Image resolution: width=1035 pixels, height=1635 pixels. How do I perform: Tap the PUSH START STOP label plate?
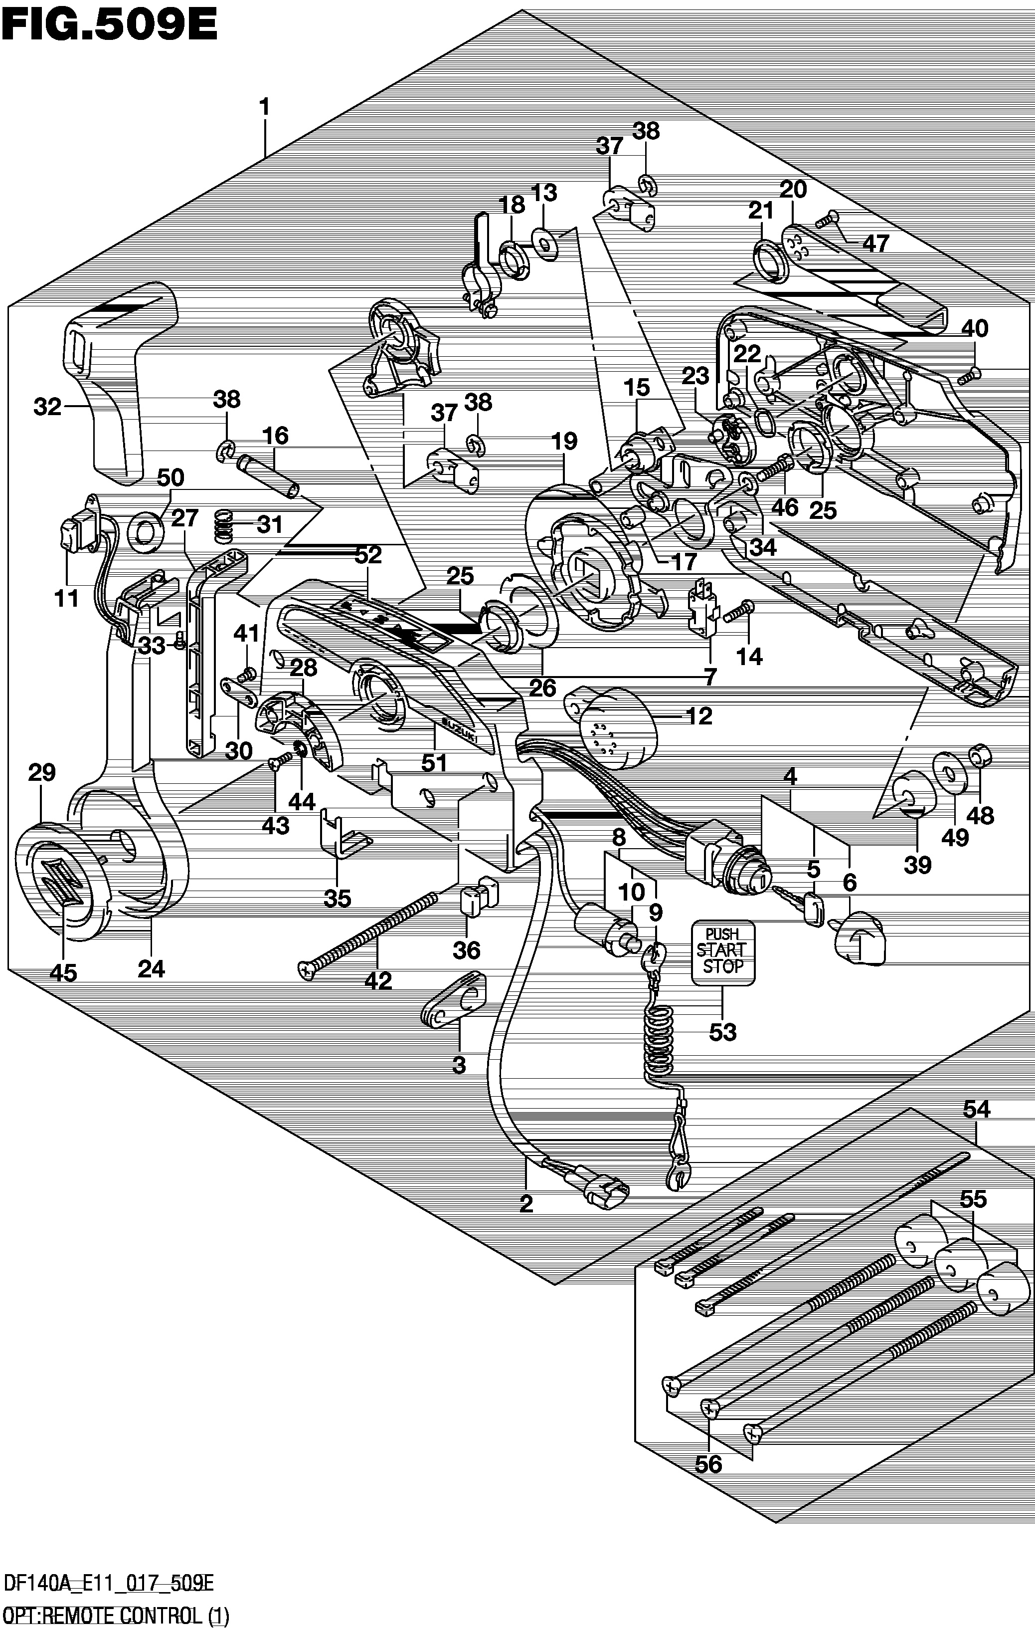point(723,952)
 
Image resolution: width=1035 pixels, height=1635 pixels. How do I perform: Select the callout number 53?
point(723,1033)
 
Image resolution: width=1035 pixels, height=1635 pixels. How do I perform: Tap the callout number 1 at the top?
point(265,107)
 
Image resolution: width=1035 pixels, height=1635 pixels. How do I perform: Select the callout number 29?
point(42,772)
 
